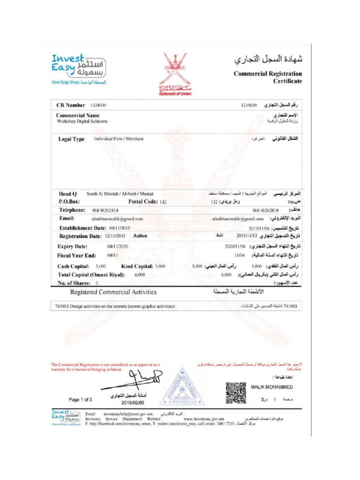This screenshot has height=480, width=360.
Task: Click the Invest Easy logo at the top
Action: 79,68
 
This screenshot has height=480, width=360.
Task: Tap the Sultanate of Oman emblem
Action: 175,72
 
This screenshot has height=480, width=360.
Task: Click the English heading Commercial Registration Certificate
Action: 268,77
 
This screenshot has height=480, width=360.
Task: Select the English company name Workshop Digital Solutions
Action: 82,121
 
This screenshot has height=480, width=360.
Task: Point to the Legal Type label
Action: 71,139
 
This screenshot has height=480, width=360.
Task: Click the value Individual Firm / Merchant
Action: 119,139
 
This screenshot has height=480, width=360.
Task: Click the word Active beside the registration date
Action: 140,236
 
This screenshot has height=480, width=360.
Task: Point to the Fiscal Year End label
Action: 77,255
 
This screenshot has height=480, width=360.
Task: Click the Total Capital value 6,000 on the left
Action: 140,275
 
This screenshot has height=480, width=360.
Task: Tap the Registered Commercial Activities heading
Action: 113,292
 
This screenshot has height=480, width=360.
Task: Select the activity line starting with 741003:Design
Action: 116,307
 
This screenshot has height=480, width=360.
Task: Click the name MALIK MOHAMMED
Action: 272,387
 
